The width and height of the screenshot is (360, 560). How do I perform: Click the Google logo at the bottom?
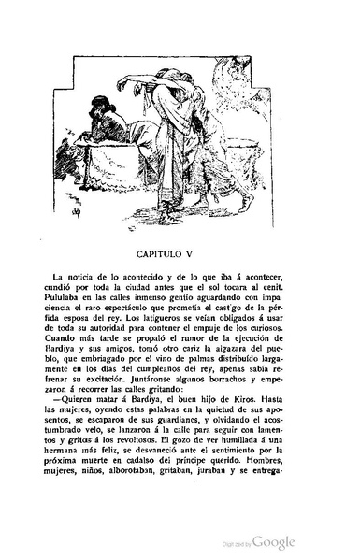(x=273, y=543)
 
